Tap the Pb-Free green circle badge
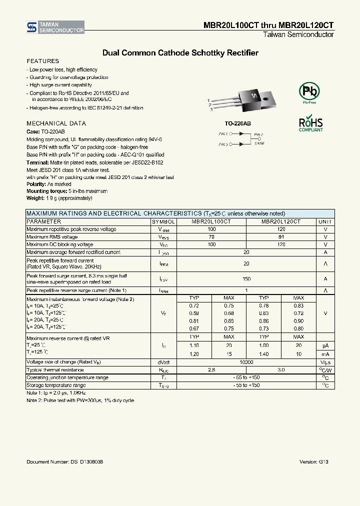308,91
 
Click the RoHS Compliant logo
310,124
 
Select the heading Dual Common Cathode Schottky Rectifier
180,52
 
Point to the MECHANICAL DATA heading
56,123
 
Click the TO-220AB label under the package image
237,123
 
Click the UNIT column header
325,221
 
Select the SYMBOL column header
163,221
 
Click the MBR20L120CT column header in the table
281,221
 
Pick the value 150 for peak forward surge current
246,279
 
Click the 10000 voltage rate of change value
246,361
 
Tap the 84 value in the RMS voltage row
281,237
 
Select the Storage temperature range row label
56,385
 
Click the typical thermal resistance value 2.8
211,369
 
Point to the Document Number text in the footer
65,462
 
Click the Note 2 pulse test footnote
80,400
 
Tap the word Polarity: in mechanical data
36,184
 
